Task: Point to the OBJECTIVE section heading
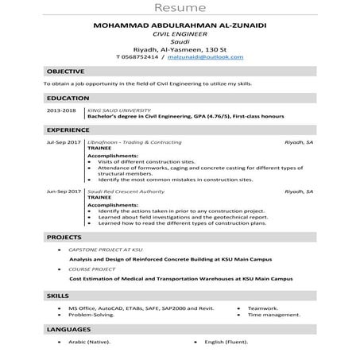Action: pos(64,72)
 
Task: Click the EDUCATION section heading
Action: pos(67,98)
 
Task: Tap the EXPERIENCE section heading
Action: pos(68,128)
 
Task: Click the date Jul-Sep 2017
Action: pos(64,141)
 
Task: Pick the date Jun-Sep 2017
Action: pos(64,192)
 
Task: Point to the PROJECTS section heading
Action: pos(64,237)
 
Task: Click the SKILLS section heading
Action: pos(58,296)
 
